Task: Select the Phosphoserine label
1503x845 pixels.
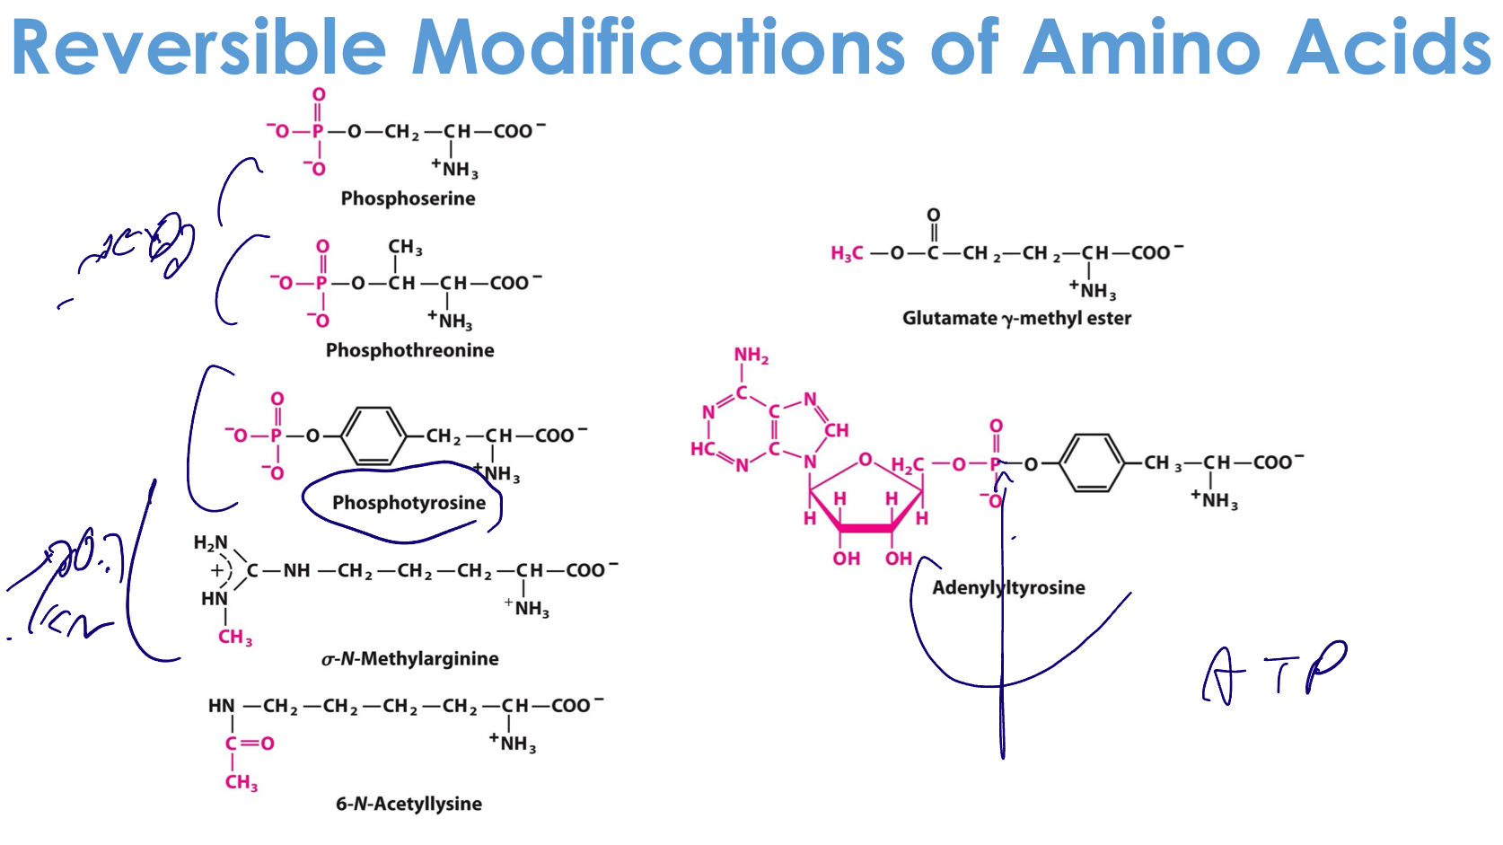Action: coord(408,198)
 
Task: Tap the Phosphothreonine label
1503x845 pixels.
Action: coord(409,350)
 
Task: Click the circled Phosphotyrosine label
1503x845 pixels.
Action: coord(409,503)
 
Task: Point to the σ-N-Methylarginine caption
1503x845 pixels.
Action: coord(409,659)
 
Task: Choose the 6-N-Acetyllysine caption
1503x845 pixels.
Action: coord(409,804)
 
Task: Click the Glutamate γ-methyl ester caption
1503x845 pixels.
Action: coord(1016,319)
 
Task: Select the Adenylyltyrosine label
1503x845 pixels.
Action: coord(1008,588)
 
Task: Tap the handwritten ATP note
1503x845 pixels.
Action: coord(1275,673)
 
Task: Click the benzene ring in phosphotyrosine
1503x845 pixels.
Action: coord(374,436)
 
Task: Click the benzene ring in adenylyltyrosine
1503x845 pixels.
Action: coord(1091,463)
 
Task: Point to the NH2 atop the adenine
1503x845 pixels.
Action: coord(751,356)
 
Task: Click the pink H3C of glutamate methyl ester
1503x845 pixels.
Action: coord(847,254)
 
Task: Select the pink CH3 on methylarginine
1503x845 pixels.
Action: coord(235,638)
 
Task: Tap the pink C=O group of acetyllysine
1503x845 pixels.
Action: coord(250,744)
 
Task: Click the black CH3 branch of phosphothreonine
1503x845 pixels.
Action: coord(405,248)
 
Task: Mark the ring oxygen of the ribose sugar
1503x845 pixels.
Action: coord(865,460)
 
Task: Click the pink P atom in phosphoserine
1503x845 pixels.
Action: coord(317,132)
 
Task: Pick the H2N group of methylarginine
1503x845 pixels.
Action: coord(211,543)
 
